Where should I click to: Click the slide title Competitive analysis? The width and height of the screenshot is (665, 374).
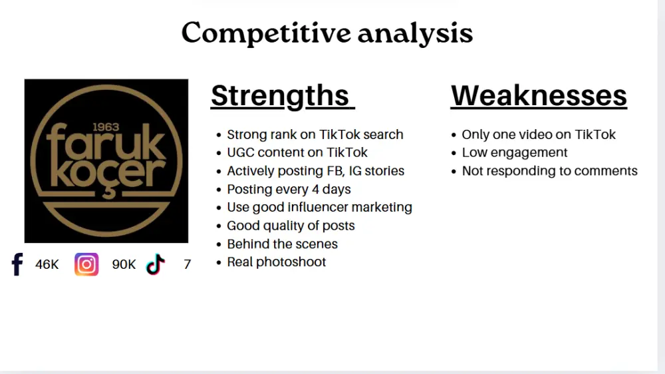tap(327, 33)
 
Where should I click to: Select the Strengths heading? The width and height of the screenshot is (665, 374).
tap(280, 96)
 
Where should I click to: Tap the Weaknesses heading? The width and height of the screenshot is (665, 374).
tap(539, 96)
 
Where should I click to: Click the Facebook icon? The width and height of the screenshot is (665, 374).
tap(17, 264)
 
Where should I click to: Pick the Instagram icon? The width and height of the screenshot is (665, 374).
tap(86, 264)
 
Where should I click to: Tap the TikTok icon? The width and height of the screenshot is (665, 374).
tap(155, 264)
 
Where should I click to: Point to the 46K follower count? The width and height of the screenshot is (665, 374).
tap(47, 265)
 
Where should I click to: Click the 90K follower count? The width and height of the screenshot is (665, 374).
tap(124, 265)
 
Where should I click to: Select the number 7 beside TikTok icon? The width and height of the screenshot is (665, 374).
tap(187, 265)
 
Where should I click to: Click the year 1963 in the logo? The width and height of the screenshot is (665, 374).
tap(106, 126)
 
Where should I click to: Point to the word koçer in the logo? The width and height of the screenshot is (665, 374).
tap(106, 173)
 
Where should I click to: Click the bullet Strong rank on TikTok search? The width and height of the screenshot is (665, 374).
tap(315, 134)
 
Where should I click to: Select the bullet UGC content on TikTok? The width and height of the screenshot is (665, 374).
tap(297, 152)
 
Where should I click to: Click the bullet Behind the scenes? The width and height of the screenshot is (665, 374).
tap(282, 244)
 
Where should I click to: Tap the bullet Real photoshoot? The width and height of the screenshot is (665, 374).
tap(276, 262)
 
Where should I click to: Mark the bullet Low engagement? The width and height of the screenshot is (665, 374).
tap(514, 152)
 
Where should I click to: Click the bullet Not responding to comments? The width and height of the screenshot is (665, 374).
tap(549, 171)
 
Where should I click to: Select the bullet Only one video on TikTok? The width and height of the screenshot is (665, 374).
tap(539, 134)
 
